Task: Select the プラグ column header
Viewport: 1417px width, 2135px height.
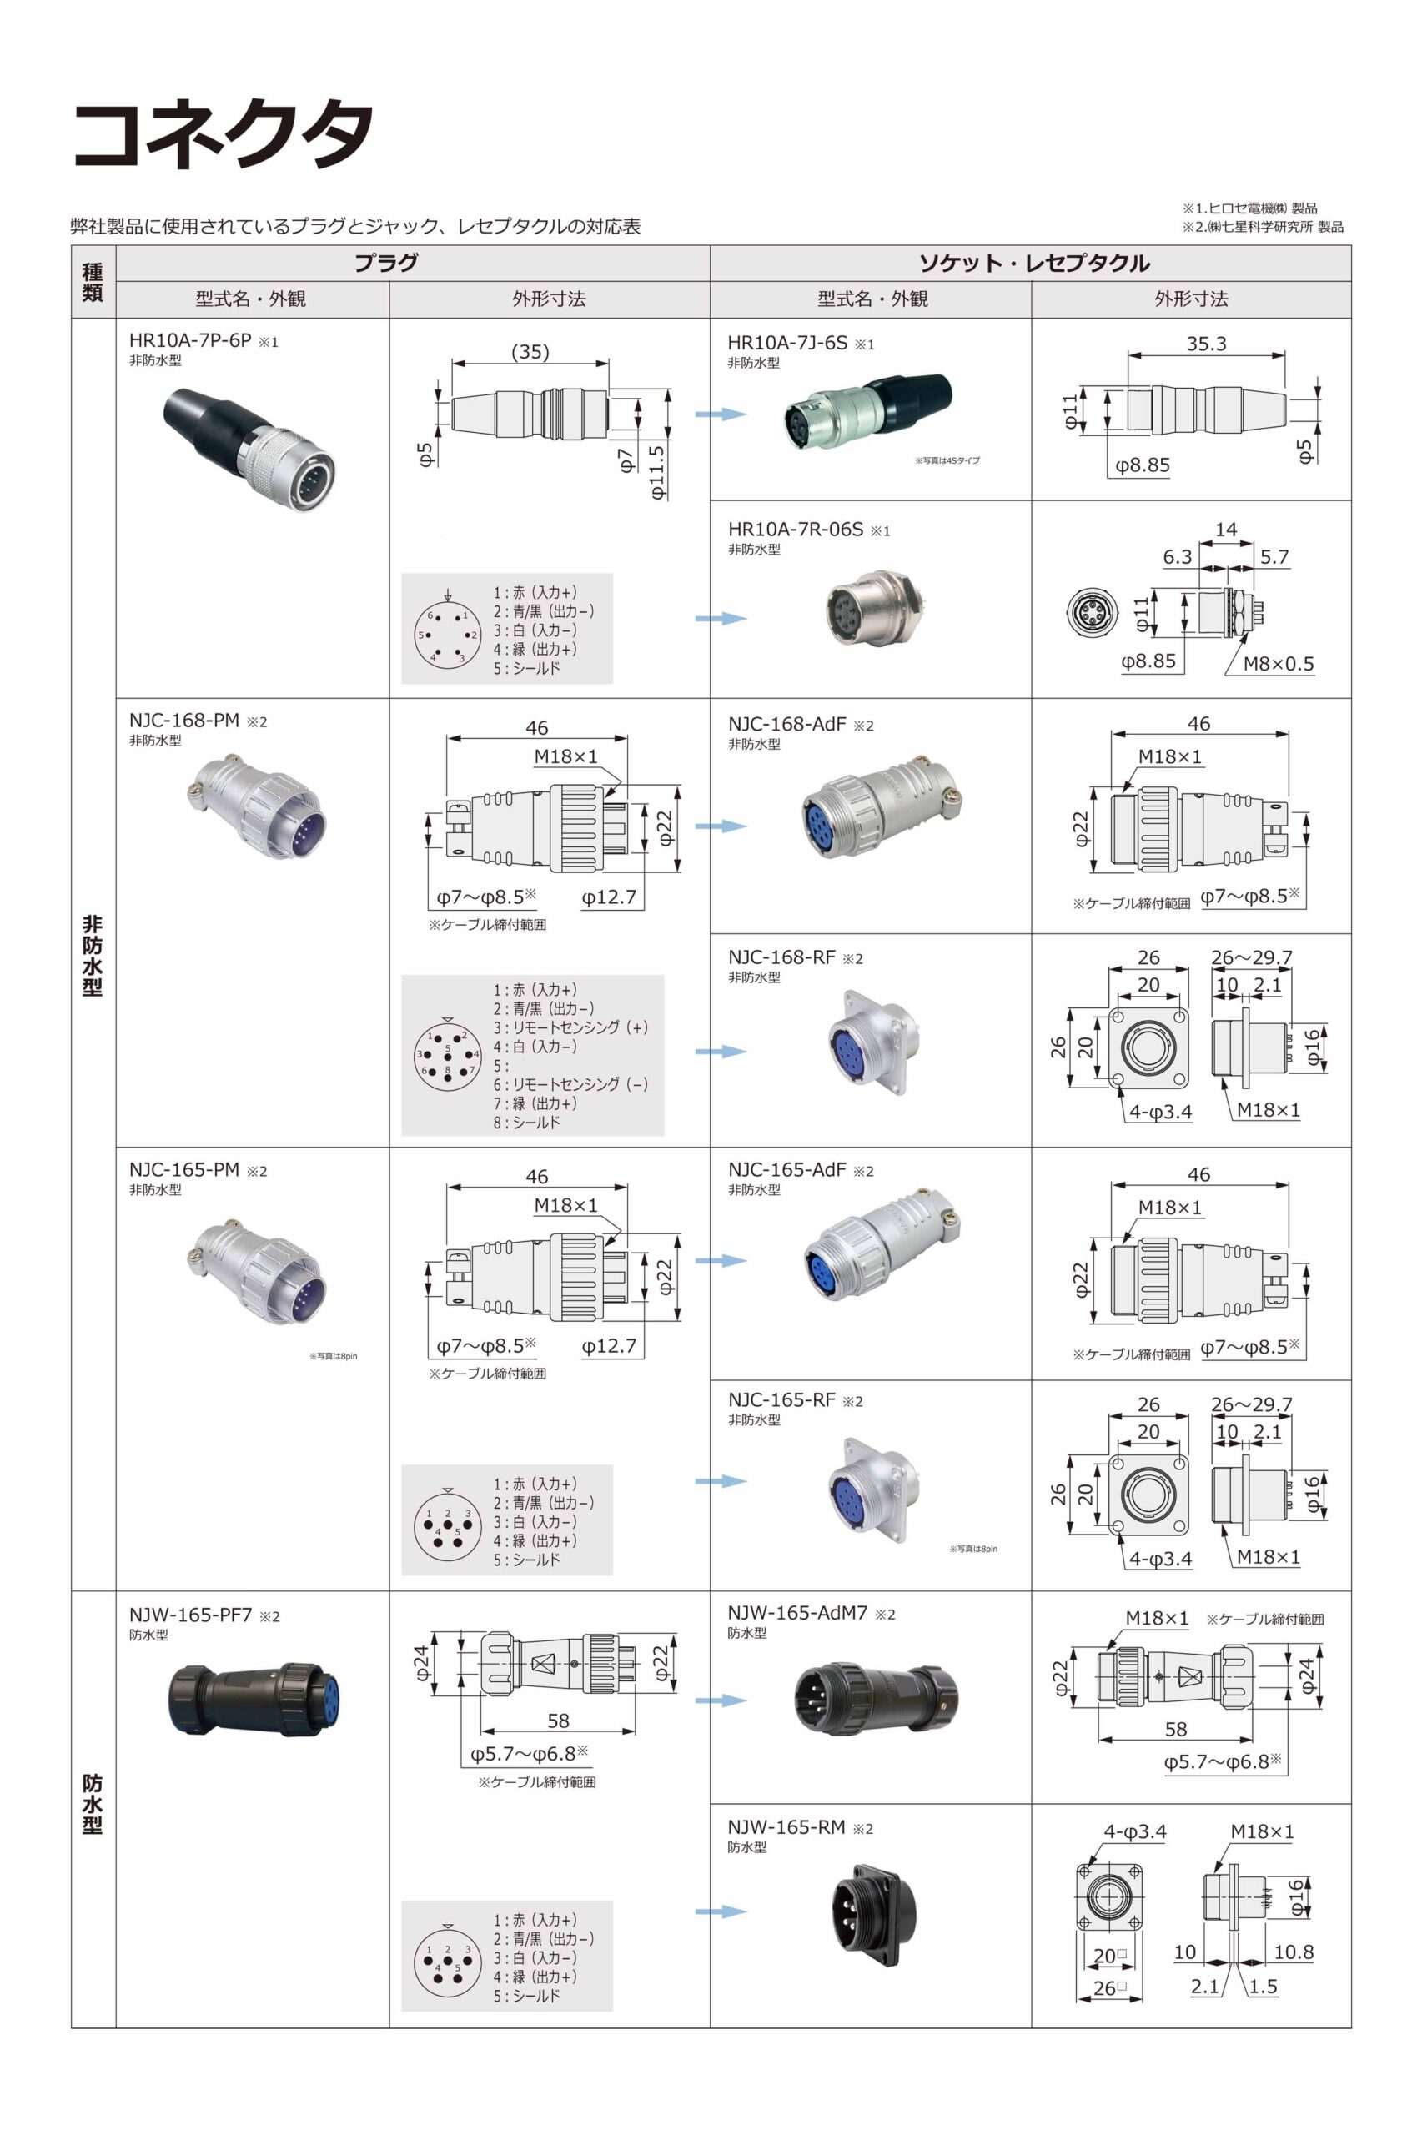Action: click(386, 263)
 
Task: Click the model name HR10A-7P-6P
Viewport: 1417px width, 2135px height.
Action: click(190, 340)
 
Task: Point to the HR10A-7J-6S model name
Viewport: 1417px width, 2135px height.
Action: click(787, 343)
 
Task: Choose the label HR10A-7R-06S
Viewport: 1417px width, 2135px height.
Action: click(796, 530)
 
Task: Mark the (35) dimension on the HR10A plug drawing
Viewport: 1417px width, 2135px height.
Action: click(530, 351)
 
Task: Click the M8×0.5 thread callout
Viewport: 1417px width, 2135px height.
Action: click(1278, 663)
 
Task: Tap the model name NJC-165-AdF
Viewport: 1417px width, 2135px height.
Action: click(787, 1170)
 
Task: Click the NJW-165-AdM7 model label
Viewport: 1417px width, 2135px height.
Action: click(797, 1613)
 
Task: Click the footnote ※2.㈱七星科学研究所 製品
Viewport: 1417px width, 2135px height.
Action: click(1263, 227)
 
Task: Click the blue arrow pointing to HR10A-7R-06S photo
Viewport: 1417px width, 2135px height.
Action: click(721, 619)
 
